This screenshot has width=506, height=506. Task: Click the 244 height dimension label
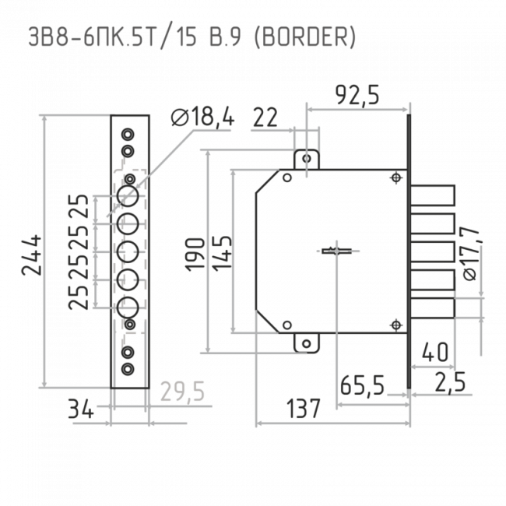[x=32, y=255]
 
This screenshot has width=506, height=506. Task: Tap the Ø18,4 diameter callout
[x=202, y=117]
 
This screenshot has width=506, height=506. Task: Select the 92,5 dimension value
[x=357, y=95]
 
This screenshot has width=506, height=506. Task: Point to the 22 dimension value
[x=265, y=118]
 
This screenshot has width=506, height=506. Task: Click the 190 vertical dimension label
[x=195, y=253]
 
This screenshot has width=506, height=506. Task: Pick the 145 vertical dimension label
[x=222, y=253]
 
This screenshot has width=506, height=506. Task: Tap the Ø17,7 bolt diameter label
[x=469, y=253]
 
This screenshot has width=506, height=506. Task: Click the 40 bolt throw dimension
[x=435, y=352]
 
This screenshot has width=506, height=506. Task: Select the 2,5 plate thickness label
[x=450, y=382]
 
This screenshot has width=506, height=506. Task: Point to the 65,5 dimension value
[x=363, y=385]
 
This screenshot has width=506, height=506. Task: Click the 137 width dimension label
[x=304, y=409]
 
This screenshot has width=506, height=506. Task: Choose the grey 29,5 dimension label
[x=183, y=392]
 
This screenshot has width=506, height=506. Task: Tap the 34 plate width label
[x=81, y=409]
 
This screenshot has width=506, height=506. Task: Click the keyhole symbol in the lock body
[x=336, y=251]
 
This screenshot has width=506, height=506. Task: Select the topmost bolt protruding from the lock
[x=433, y=195]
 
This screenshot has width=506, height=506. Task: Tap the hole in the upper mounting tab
[x=307, y=159]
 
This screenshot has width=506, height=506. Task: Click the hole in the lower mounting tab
[x=307, y=344]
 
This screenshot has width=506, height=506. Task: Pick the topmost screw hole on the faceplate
[x=128, y=134]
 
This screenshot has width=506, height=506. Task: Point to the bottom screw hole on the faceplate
[x=128, y=368]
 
